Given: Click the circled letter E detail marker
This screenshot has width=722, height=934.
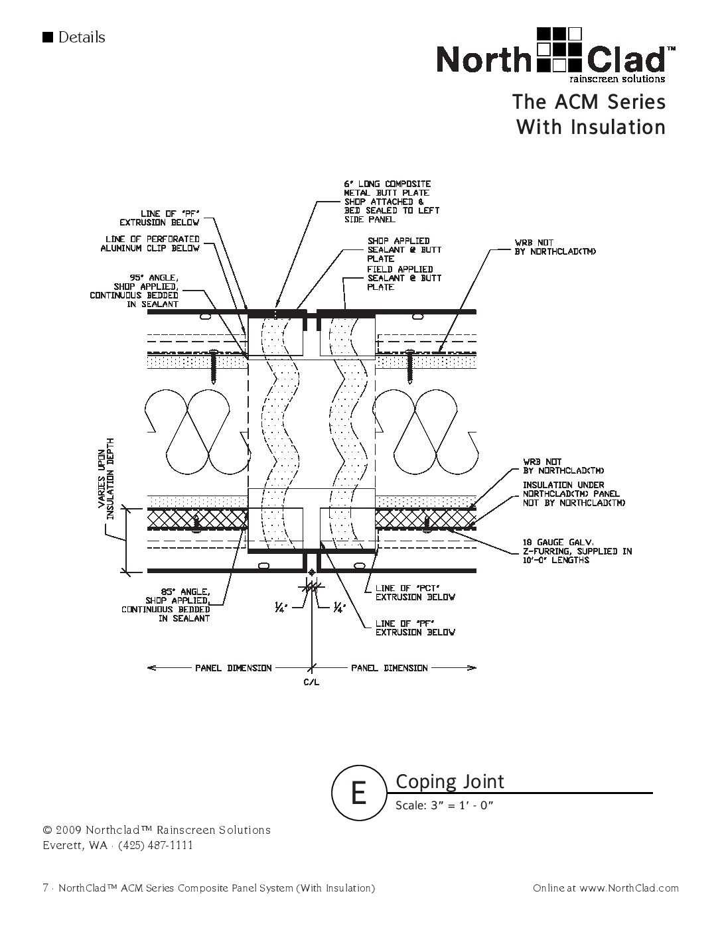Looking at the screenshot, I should point(358,792).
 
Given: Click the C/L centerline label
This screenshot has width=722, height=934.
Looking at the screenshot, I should point(312,683).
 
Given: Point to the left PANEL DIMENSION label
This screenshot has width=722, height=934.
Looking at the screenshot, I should point(233,667).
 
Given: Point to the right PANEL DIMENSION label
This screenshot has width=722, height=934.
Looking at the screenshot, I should point(390,667).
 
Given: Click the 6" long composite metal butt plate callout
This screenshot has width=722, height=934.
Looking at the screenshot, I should point(392,201).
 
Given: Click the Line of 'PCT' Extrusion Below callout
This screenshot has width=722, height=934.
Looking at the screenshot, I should point(415,592).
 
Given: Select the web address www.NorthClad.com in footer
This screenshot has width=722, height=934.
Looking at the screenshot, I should point(629,888).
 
